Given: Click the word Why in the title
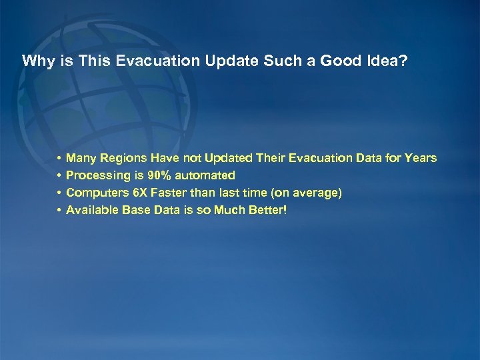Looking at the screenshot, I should coord(35,61).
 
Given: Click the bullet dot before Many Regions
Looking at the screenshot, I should coord(59,159).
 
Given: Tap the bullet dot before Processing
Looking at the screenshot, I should coord(59,176).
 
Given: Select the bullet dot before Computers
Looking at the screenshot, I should coord(59,193).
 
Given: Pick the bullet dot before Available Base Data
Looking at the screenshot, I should coord(59,211).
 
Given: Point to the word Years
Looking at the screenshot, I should coord(421,159).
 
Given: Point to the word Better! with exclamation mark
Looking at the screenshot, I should coord(265,211).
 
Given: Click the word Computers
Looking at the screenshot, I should coord(93,193).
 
